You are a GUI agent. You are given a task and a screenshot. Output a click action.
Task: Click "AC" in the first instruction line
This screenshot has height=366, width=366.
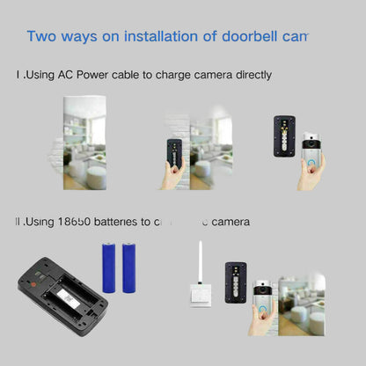pyautogui.click(x=68, y=76)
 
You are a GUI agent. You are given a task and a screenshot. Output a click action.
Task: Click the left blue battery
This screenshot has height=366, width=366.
pyautogui.click(x=109, y=267)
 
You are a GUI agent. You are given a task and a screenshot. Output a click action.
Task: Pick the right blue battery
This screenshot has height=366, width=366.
pyautogui.click(x=129, y=267)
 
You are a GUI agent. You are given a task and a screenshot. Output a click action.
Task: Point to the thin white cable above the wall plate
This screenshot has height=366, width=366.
pyautogui.click(x=201, y=260)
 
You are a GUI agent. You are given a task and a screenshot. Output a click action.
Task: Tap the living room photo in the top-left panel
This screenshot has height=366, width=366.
pyautogui.click(x=84, y=141)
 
